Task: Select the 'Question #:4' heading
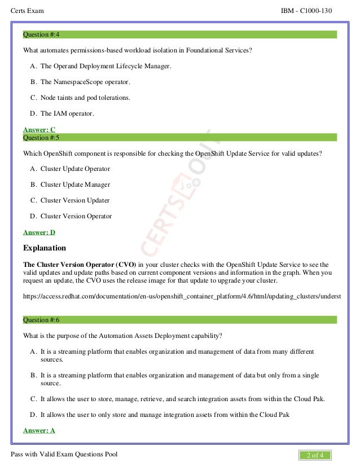pyautogui.click(x=41, y=35)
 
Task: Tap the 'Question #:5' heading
pyautogui.click(x=41, y=137)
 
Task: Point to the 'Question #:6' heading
pyautogui.click(x=41, y=320)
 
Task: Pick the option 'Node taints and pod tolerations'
pyautogui.click(x=85, y=98)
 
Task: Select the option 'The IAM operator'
pyautogui.click(x=67, y=113)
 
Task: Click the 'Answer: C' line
pyautogui.click(x=39, y=130)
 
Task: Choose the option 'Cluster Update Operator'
pyautogui.click(x=75, y=169)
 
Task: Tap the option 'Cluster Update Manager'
pyautogui.click(x=75, y=184)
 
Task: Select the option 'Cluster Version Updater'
pyautogui.click(x=75, y=200)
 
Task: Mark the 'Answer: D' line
pyautogui.click(x=39, y=232)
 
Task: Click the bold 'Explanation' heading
pyautogui.click(x=45, y=248)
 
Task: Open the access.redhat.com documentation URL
pyautogui.click(x=181, y=296)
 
